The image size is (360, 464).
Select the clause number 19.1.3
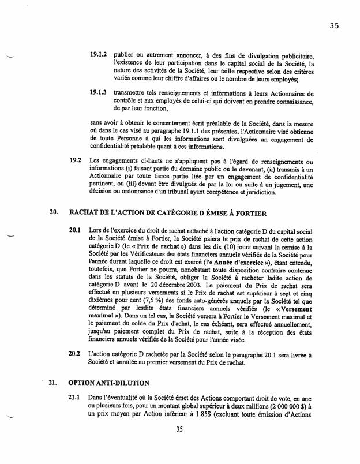coord(99,93)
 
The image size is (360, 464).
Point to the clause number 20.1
coord(75,230)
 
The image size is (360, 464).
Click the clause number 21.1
coord(75,399)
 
